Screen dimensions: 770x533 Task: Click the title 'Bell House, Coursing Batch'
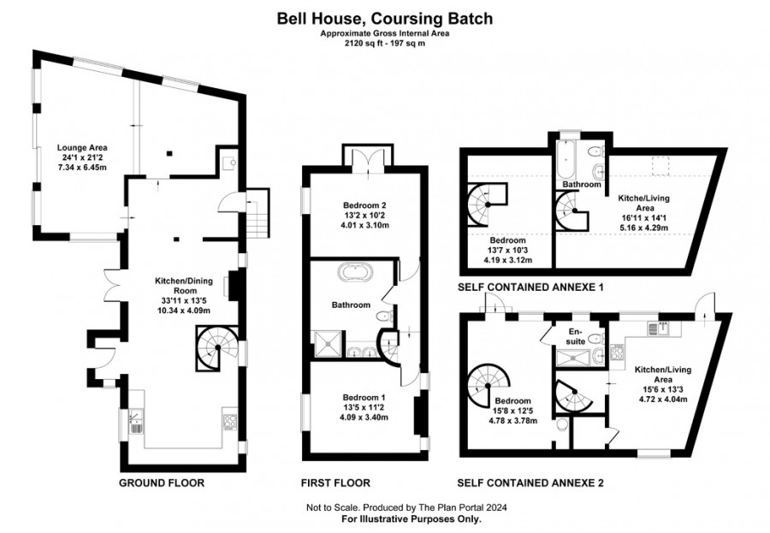point(384,19)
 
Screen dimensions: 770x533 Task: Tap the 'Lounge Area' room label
point(82,147)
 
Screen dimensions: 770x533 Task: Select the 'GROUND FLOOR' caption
point(162,483)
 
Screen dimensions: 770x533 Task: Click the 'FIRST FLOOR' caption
point(335,483)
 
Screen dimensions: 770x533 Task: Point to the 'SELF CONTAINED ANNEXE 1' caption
point(530,287)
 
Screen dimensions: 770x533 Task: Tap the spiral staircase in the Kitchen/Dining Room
point(216,349)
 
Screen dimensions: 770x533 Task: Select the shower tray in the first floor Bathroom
point(328,344)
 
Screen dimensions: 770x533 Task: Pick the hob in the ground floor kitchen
point(230,422)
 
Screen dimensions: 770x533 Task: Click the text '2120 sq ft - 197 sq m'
point(385,43)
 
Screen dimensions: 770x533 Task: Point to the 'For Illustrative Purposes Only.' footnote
point(412,518)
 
